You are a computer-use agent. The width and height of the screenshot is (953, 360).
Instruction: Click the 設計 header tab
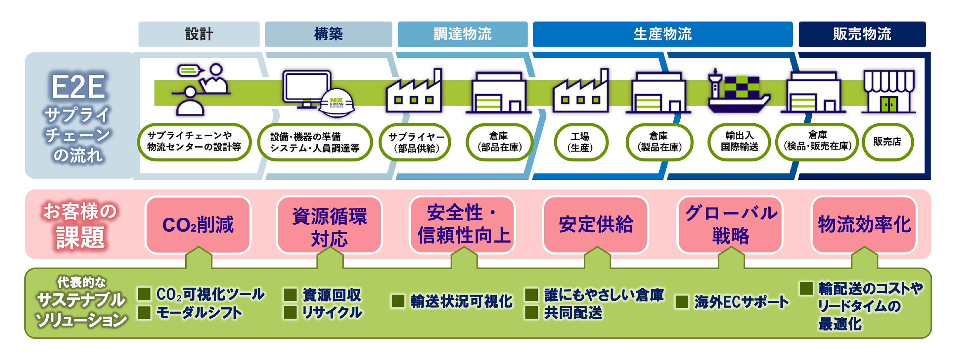click(x=199, y=34)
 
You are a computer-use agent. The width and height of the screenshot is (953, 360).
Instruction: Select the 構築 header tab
click(x=329, y=34)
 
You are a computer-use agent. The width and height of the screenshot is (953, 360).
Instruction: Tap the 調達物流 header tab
click(x=463, y=34)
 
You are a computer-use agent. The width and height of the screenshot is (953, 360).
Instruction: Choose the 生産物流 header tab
click(x=662, y=34)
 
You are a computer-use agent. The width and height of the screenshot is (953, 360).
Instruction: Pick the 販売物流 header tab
click(x=862, y=34)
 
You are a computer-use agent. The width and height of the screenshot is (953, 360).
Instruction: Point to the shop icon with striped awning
click(x=888, y=91)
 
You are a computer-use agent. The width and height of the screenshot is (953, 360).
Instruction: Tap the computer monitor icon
click(x=307, y=89)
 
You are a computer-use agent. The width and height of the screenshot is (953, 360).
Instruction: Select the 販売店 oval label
click(x=887, y=142)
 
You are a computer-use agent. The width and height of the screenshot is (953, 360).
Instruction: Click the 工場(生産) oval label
click(x=580, y=142)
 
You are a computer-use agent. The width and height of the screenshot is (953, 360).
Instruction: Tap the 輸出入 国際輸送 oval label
click(x=739, y=142)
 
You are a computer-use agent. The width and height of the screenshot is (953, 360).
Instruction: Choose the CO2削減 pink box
click(x=198, y=225)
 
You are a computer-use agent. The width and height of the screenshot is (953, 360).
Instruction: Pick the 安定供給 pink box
click(x=596, y=225)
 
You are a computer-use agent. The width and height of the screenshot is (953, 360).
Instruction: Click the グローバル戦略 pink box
click(x=730, y=225)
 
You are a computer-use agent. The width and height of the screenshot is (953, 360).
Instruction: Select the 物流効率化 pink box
click(x=864, y=225)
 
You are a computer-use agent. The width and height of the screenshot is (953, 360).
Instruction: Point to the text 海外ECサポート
click(x=741, y=302)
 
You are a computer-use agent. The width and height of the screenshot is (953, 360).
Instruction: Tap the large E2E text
click(x=78, y=87)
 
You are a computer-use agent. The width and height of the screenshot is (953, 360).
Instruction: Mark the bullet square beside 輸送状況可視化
click(x=398, y=301)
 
